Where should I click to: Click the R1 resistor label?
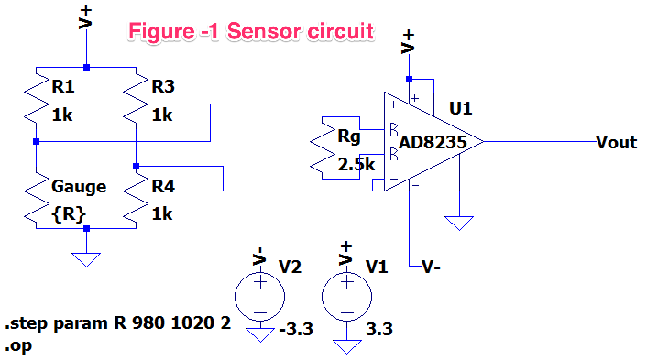pyautogui.click(x=63, y=86)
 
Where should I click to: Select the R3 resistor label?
pyautogui.click(x=163, y=86)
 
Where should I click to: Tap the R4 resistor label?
pyautogui.click(x=163, y=186)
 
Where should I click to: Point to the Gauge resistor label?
pyautogui.click(x=79, y=187)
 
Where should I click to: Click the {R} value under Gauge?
pyautogui.click(x=69, y=214)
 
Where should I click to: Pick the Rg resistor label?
pyautogui.click(x=349, y=136)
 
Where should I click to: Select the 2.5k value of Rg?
pyautogui.click(x=356, y=164)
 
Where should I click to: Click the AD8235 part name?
pyautogui.click(x=433, y=142)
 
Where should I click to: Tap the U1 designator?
pyautogui.click(x=461, y=109)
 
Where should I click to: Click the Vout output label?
pyautogui.click(x=616, y=142)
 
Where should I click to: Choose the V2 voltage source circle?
pyautogui.click(x=260, y=297)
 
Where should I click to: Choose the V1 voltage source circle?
pyautogui.click(x=347, y=297)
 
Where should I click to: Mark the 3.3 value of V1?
pyautogui.click(x=379, y=329)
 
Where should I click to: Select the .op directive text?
pyautogui.click(x=19, y=345)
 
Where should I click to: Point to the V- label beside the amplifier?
pyautogui.click(x=431, y=267)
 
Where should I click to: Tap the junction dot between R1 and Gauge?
pyautogui.click(x=36, y=142)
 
